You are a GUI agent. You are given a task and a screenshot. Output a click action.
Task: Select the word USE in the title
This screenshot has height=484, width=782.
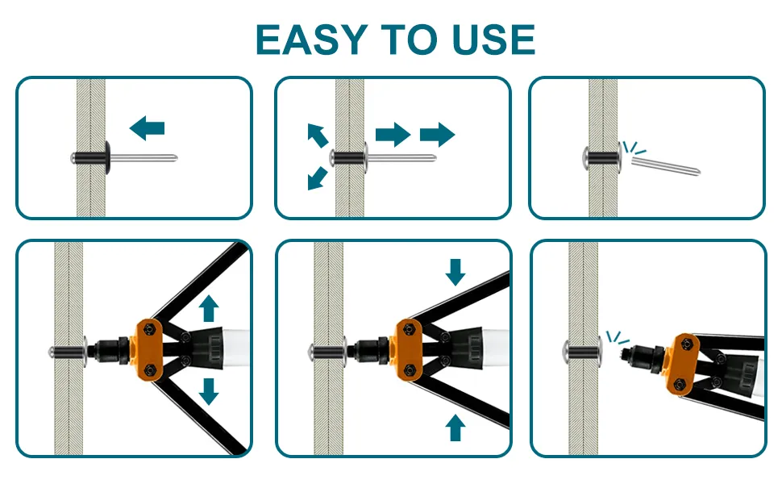pos(493,40)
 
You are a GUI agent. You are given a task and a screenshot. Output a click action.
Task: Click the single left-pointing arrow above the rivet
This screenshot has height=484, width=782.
pos(147,127)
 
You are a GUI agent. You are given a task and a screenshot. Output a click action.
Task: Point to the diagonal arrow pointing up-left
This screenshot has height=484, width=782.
pos(317,135)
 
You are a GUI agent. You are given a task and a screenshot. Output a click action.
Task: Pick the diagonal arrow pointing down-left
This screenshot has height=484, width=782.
pos(317,178)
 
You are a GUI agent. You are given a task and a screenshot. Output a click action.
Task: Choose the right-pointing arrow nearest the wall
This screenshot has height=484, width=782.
pos(393,134)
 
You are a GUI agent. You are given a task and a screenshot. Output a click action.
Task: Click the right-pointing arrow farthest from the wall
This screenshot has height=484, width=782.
pos(438,134)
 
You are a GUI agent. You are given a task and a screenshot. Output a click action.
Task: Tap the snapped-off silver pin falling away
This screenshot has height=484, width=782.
pos(666,165)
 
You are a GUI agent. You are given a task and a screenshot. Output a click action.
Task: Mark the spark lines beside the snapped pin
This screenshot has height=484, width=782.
pos(634,148)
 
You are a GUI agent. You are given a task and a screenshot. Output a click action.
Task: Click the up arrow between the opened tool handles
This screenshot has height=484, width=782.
pos(209,308)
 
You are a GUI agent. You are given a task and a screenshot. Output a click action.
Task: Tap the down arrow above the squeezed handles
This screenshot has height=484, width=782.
pos(455,272)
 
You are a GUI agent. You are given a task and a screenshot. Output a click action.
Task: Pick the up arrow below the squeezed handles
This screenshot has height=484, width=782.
pos(455,428)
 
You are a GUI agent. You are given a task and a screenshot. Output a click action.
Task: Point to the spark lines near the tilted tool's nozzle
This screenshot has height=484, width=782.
pos(617,337)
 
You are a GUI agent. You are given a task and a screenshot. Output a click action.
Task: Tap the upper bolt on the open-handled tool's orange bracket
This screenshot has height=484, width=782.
pos(148,329)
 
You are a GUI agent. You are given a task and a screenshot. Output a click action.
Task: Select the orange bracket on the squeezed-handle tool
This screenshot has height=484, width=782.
pos(409,350)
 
